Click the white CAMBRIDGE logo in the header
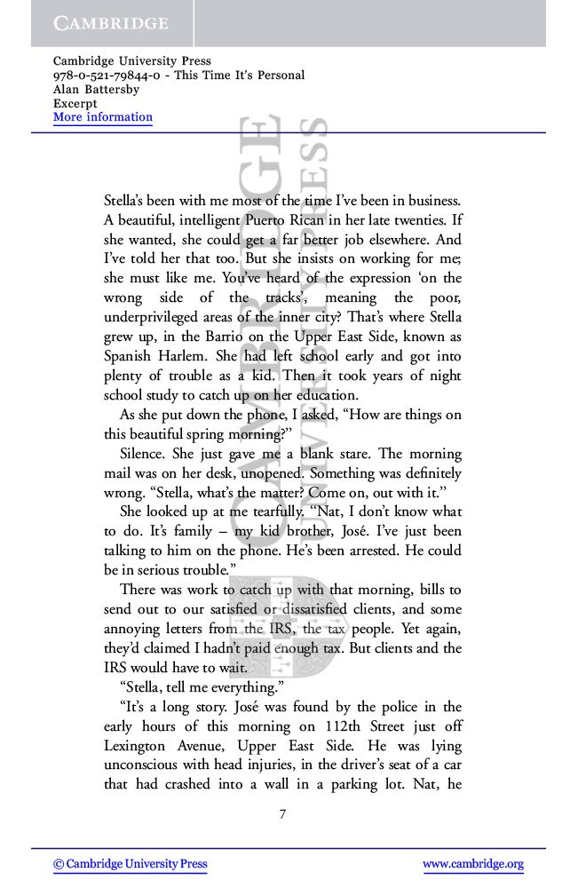point(110,23)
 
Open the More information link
point(103,117)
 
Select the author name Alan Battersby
point(96,89)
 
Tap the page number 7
point(282,815)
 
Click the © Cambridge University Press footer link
point(131,864)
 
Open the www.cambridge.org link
point(472,864)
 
